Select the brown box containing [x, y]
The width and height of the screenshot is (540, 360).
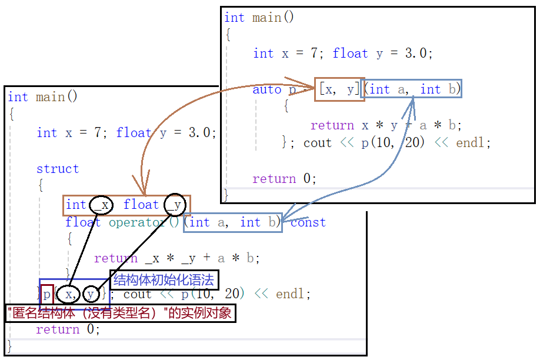pyautogui.click(x=339, y=89)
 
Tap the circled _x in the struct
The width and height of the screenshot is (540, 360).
pyautogui.click(x=101, y=205)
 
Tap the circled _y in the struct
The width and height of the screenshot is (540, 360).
pyautogui.click(x=175, y=205)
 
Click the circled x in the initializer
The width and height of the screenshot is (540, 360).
pyautogui.click(x=68, y=294)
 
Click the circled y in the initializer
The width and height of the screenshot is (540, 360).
pyautogui.click(x=91, y=294)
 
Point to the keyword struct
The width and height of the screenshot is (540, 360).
pyautogui.click(x=57, y=169)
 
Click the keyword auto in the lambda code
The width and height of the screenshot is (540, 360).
pyautogui.click(x=267, y=89)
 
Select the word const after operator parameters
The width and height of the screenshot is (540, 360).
pyautogui.click(x=308, y=222)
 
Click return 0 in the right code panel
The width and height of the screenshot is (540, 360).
pyautogui.click(x=284, y=179)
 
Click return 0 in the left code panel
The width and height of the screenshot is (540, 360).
pyautogui.click(x=68, y=329)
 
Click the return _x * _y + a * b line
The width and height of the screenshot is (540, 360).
pyautogui.click(x=176, y=258)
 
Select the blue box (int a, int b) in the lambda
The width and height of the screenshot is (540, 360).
pyautogui.click(x=412, y=89)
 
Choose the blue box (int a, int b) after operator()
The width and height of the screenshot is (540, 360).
pyautogui.click(x=232, y=222)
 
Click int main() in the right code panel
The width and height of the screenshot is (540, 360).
pyautogui.click(x=259, y=18)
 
